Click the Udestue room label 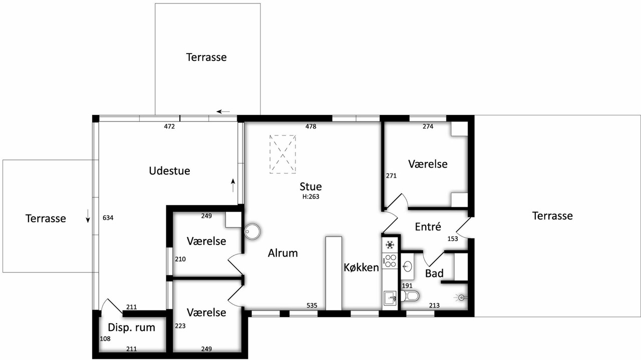pyautogui.click(x=169, y=171)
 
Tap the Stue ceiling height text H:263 pyautogui.click(x=311, y=196)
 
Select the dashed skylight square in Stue pyautogui.click(x=283, y=154)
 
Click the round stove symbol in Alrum pyautogui.click(x=253, y=231)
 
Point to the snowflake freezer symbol pyautogui.click(x=390, y=245)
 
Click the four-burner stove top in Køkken pyautogui.click(x=390, y=260)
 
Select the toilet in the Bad pyautogui.click(x=410, y=296)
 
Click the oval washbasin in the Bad pyautogui.click(x=407, y=266)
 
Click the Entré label pyautogui.click(x=428, y=226)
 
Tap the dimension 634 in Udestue pyautogui.click(x=108, y=218)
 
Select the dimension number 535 pyautogui.click(x=312, y=305)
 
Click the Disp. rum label pyautogui.click(x=131, y=327)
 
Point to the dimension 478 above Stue pyautogui.click(x=311, y=126)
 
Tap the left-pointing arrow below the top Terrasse pyautogui.click(x=223, y=111)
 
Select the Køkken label pyautogui.click(x=361, y=267)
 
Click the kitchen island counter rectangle pyautogui.click(x=334, y=273)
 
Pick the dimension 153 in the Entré pyautogui.click(x=453, y=239)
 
